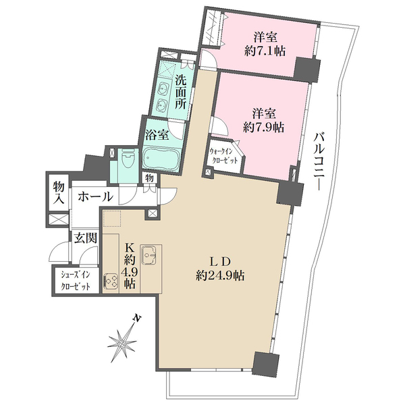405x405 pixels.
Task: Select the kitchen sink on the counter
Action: pyautogui.click(x=148, y=255)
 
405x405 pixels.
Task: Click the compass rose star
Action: pyautogui.click(x=122, y=343)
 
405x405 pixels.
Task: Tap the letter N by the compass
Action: pyautogui.click(x=138, y=318)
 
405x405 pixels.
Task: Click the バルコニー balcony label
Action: pyautogui.click(x=318, y=161)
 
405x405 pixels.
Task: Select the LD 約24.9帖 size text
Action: pyautogui.click(x=220, y=269)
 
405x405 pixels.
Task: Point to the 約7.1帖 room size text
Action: pyautogui.click(x=265, y=51)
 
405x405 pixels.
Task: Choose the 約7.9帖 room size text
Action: pyautogui.click(x=264, y=128)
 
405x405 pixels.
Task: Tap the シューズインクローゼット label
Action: pyautogui.click(x=76, y=280)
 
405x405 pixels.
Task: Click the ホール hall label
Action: pyautogui.click(x=96, y=196)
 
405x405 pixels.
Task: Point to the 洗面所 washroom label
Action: pyautogui.click(x=181, y=92)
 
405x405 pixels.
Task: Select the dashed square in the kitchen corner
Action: pyautogui.click(x=112, y=219)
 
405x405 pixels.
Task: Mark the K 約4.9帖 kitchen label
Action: pyautogui.click(x=130, y=267)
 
